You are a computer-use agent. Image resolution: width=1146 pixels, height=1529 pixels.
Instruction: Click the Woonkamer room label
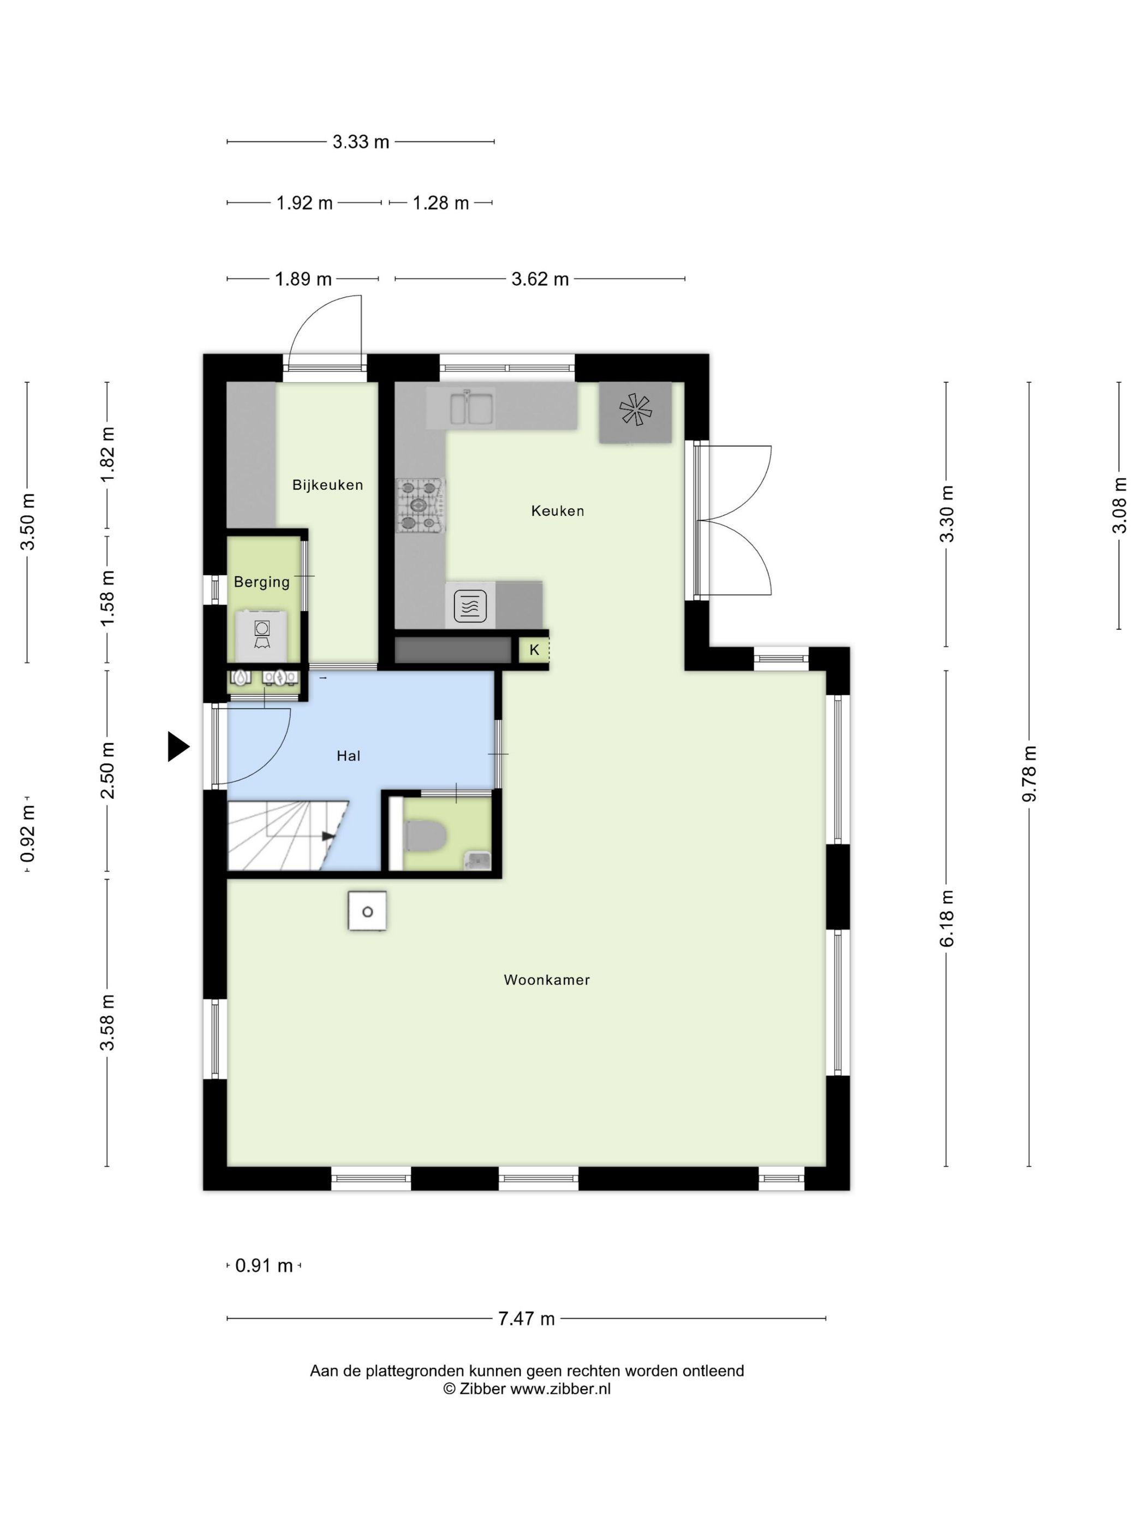click(x=546, y=980)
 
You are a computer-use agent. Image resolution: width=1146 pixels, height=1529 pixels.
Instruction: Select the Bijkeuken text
click(x=327, y=485)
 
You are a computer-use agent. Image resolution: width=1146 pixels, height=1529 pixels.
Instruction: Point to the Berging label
click(x=262, y=582)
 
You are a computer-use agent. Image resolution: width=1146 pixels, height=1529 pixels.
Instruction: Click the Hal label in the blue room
click(x=349, y=756)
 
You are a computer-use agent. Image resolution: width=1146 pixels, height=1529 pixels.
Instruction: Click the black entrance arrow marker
click(x=178, y=746)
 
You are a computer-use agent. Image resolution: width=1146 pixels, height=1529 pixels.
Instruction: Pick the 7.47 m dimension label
click(x=527, y=1319)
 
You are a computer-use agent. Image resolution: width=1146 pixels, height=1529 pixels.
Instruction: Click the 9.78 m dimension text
click(x=1029, y=774)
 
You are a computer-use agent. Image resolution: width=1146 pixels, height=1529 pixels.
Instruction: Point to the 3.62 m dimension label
click(x=540, y=279)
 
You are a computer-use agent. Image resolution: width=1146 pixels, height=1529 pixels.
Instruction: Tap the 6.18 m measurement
click(x=946, y=918)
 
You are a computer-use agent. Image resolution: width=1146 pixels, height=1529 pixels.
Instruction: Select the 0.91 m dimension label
click(x=265, y=1266)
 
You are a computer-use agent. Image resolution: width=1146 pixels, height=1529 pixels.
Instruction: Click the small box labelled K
click(x=534, y=650)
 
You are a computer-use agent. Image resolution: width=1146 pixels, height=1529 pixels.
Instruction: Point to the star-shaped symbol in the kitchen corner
click(x=635, y=409)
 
